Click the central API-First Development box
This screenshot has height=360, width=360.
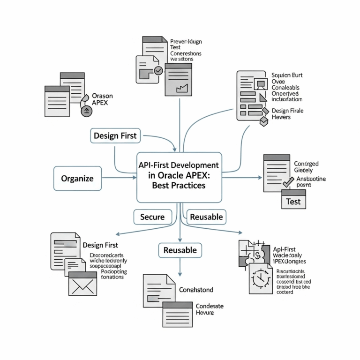tap(179, 176)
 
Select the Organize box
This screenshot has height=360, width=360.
tap(77, 179)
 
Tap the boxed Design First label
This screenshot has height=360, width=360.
tap(115, 136)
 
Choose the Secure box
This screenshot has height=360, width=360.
tap(152, 217)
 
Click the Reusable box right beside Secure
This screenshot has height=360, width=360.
tap(207, 217)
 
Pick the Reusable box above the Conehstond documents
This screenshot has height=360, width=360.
tap(180, 250)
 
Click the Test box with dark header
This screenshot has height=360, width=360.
tap(293, 200)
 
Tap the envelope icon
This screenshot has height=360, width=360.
tap(82, 284)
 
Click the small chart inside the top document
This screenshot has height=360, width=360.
tap(180, 87)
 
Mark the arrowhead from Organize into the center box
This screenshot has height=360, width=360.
tap(133, 178)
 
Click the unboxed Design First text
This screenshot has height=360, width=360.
tap(100, 245)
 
